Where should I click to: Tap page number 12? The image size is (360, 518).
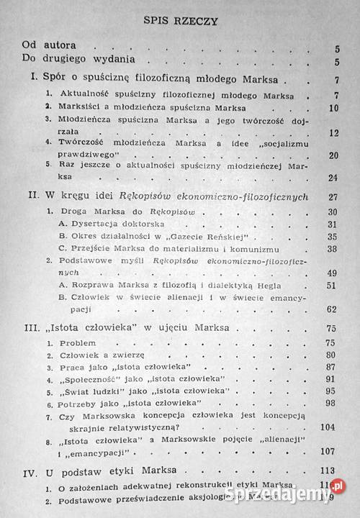pyautogui.click(x=333, y=132)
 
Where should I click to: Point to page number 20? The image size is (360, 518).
pyautogui.click(x=333, y=155)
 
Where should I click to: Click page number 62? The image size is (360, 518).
pyautogui.click(x=333, y=309)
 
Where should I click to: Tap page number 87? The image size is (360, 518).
pyautogui.click(x=333, y=367)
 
